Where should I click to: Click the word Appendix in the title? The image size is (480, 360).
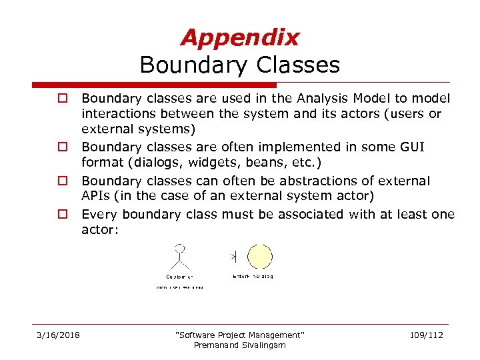(x=239, y=38)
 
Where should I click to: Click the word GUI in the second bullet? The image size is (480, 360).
(x=411, y=147)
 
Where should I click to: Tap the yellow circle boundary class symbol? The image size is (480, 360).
(x=259, y=257)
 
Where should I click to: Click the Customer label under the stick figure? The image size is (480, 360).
(x=179, y=276)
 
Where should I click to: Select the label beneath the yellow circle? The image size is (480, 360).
(x=253, y=276)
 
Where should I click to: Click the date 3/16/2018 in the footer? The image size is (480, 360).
(x=58, y=335)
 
